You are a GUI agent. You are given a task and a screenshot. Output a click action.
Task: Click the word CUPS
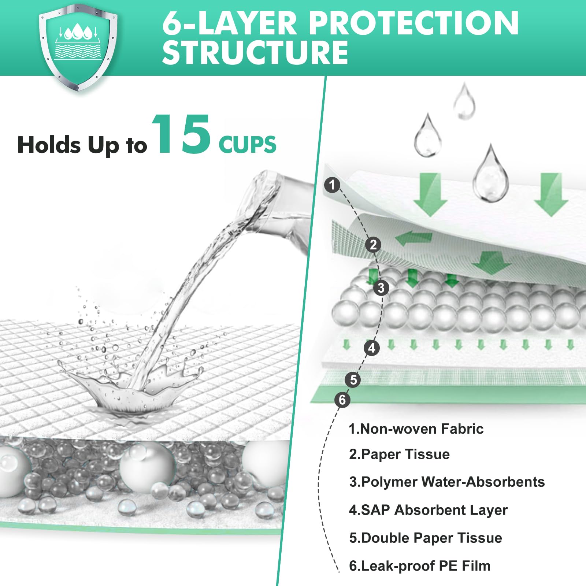tap(248, 145)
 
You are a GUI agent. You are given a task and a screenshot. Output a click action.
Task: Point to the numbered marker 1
tap(332, 185)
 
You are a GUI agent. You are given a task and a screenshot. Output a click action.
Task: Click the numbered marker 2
tap(373, 244)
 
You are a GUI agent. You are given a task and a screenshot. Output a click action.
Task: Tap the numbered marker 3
tap(381, 288)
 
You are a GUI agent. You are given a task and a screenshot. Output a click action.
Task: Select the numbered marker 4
tap(372, 348)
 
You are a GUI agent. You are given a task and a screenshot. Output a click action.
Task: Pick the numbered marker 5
tap(353, 379)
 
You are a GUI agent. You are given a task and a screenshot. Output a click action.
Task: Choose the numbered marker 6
tap(342, 400)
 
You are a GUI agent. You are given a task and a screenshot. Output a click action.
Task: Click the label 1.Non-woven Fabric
tap(416, 429)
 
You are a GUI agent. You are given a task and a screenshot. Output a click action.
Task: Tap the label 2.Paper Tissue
tap(399, 455)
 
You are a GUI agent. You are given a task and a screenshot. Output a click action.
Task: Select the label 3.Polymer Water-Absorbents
tap(447, 482)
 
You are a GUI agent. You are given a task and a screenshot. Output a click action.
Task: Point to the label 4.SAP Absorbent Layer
tap(428, 510)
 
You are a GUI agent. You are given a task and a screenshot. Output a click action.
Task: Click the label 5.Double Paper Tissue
tap(426, 538)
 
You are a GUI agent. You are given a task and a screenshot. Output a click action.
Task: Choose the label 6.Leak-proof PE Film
tap(420, 566)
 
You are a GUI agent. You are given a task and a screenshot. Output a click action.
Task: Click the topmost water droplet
tap(464, 101)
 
